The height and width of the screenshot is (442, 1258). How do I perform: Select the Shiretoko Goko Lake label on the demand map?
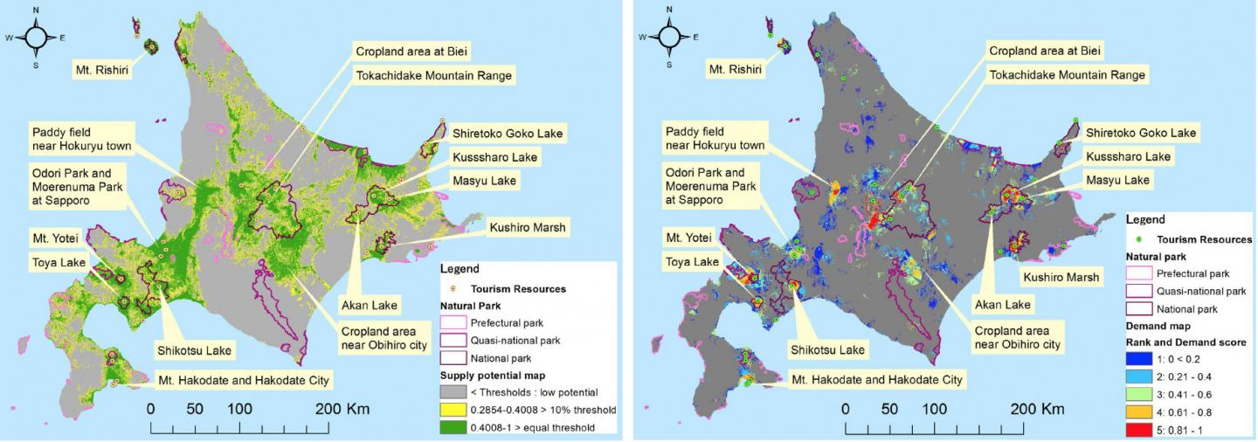tap(1140, 133)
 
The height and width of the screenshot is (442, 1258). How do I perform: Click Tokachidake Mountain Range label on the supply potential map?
tap(433, 75)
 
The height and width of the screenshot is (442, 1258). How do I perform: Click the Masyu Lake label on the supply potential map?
tap(484, 181)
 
